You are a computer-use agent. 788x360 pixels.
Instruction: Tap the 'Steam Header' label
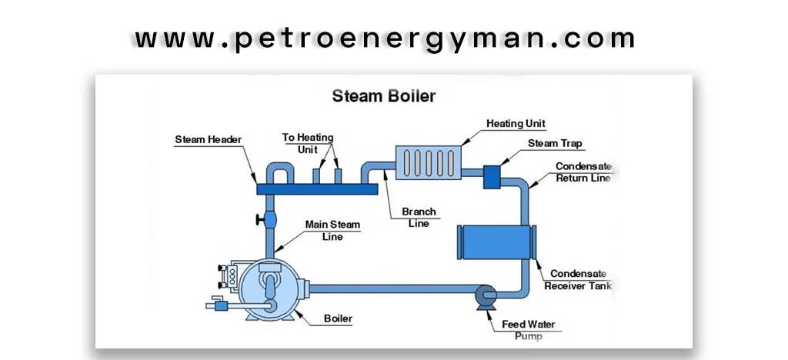(x=208, y=140)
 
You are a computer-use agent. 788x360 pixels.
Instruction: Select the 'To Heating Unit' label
(x=308, y=142)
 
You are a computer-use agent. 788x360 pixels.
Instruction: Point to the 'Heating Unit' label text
(x=516, y=123)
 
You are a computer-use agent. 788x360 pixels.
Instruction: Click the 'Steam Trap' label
(x=555, y=144)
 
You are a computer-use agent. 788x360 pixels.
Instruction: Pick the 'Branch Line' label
(x=419, y=217)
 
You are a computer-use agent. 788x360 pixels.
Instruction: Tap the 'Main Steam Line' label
(x=332, y=230)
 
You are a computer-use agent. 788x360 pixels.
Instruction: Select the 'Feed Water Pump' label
(x=528, y=330)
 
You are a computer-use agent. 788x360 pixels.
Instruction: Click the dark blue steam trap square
(x=492, y=177)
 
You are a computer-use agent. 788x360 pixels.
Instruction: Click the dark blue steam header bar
(x=316, y=188)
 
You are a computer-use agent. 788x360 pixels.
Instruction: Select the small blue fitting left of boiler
(x=222, y=305)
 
